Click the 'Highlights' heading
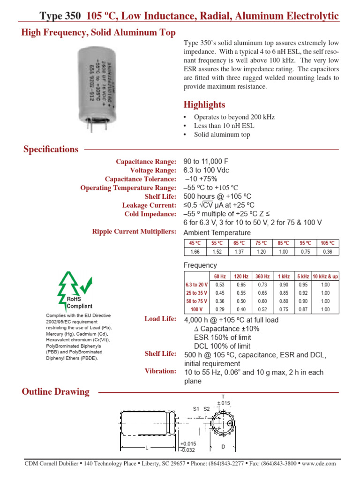204,105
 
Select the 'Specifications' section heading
51,150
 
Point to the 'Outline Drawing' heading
56,392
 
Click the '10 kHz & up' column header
325,277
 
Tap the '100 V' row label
196,310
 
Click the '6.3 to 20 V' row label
196,285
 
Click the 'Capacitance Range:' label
146,162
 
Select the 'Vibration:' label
161,371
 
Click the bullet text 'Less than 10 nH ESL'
223,126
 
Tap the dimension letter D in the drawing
224,447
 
